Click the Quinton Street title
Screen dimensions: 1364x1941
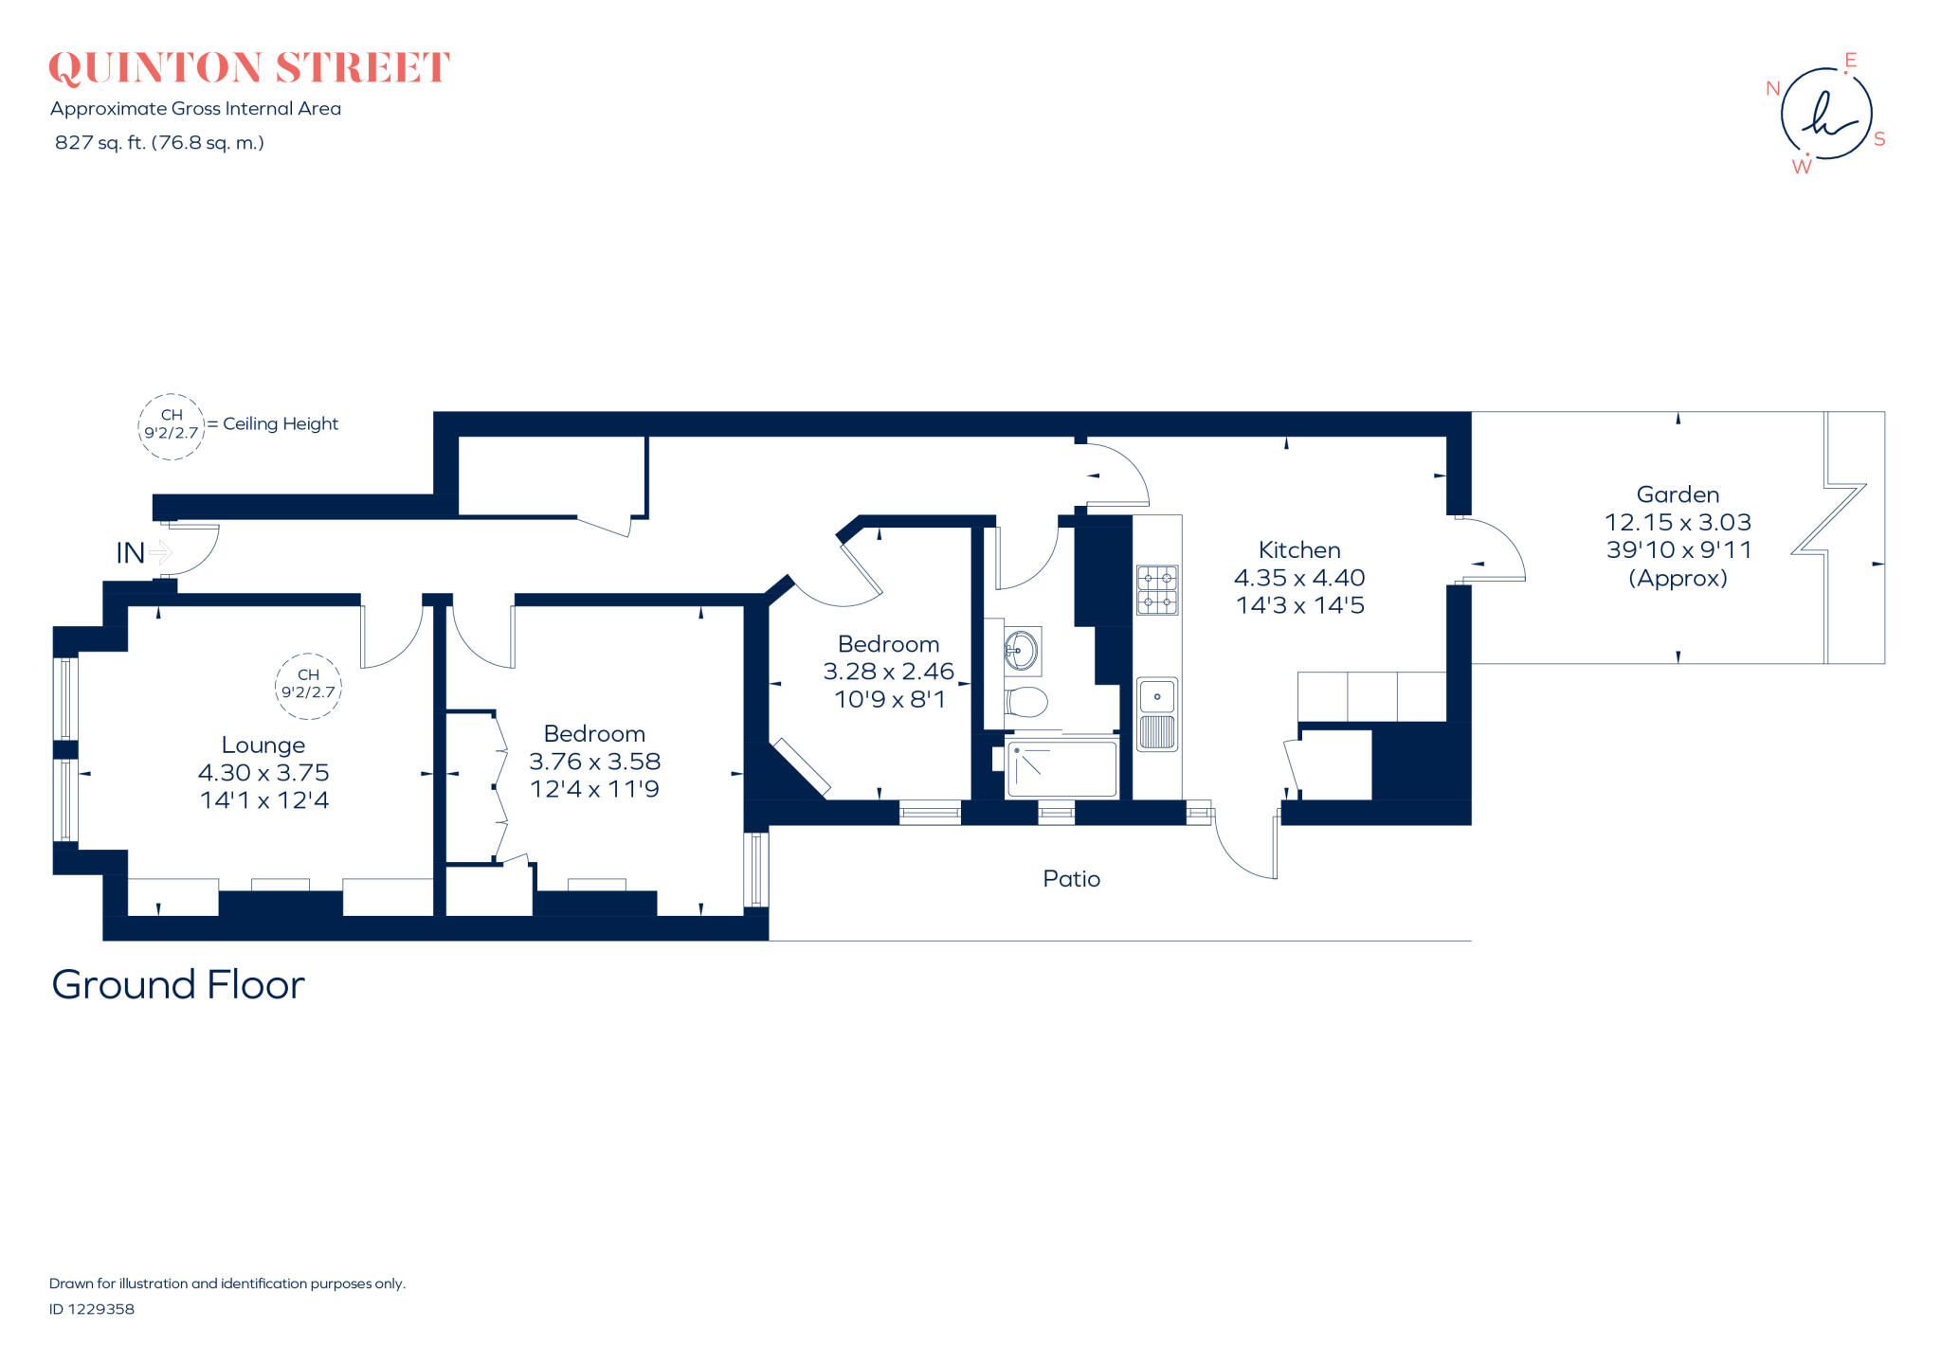pos(249,68)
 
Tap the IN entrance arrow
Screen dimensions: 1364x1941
pos(160,552)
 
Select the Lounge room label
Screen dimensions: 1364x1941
pos(263,745)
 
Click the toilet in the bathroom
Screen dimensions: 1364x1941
pos(1026,702)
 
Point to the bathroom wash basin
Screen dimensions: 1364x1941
pos(1022,650)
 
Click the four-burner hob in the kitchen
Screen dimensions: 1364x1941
pos(1157,590)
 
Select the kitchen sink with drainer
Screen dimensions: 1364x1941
pos(1157,714)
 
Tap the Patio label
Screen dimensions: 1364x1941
pos(1071,879)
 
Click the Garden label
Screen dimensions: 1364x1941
pos(1678,494)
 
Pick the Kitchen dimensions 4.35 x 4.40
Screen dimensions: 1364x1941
pos(1299,578)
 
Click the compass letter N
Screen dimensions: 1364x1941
pos(1773,89)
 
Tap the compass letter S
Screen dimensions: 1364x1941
pos(1879,139)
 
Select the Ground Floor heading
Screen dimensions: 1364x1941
pos(178,985)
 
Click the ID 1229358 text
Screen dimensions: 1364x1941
pos(92,1309)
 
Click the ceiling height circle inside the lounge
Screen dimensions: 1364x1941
pos(308,684)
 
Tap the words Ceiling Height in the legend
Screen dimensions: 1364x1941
pos(281,423)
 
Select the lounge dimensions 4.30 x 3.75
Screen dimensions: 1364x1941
pos(263,773)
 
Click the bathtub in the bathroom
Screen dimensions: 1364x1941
pos(1061,768)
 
